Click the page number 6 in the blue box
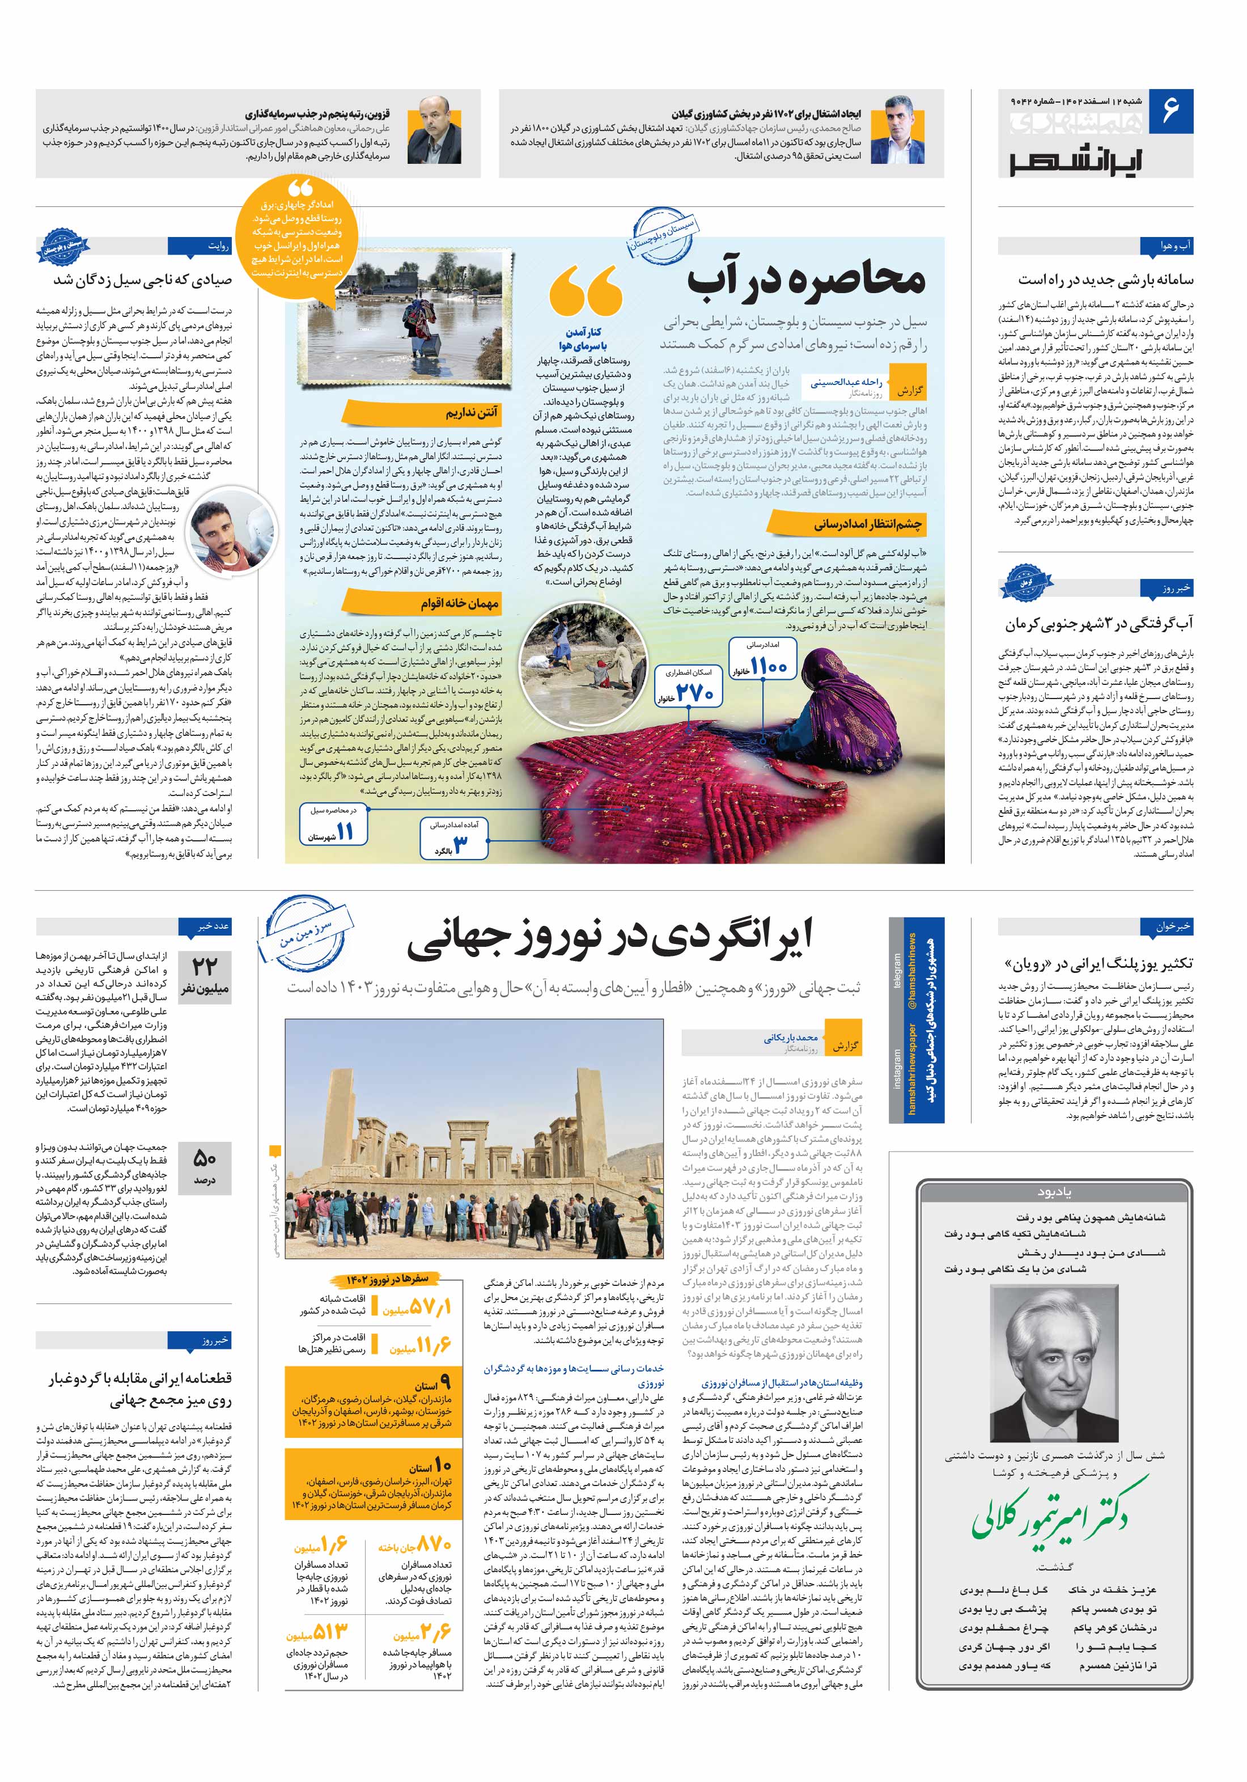coord(1170,110)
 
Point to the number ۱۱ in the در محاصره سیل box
coord(345,831)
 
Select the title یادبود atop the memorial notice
coord(1054,1191)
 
